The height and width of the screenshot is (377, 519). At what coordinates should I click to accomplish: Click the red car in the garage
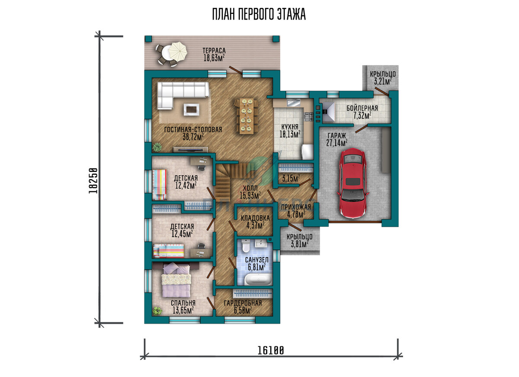(x=353, y=183)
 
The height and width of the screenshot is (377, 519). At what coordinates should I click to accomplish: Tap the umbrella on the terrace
(x=177, y=52)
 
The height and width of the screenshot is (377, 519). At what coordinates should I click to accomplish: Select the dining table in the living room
(x=247, y=116)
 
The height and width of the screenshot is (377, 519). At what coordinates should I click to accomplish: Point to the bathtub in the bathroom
(x=258, y=279)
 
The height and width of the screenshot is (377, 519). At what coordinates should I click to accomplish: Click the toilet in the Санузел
(x=245, y=246)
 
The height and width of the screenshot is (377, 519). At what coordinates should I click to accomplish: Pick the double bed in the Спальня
(x=176, y=280)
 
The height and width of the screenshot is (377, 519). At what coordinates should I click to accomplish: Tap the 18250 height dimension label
(x=93, y=180)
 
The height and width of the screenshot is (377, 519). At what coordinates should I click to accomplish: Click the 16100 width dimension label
(x=271, y=350)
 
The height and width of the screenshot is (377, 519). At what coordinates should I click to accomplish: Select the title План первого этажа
(x=259, y=14)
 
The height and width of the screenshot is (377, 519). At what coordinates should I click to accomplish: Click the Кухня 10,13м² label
(x=290, y=131)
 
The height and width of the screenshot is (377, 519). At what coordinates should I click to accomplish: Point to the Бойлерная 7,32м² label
(x=362, y=112)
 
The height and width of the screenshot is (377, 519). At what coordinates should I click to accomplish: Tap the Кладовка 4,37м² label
(x=255, y=222)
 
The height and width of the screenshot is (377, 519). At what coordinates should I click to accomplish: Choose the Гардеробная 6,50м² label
(x=243, y=306)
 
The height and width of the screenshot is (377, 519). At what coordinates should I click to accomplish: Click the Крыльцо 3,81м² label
(x=300, y=240)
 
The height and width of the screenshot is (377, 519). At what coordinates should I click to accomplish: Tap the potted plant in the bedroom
(x=157, y=310)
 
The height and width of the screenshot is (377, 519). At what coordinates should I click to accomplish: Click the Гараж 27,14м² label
(x=336, y=139)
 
